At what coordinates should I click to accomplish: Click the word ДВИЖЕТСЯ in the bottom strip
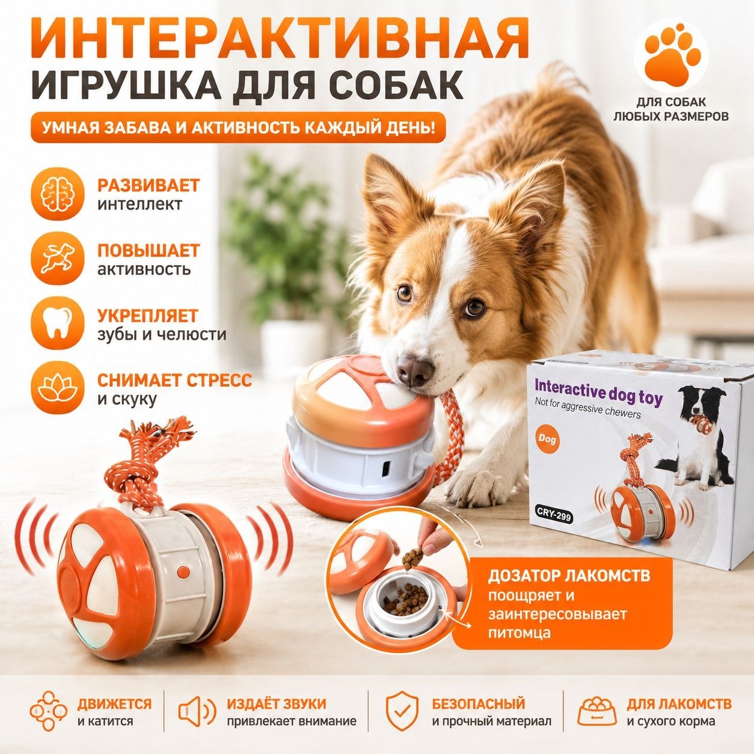click(114, 693)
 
